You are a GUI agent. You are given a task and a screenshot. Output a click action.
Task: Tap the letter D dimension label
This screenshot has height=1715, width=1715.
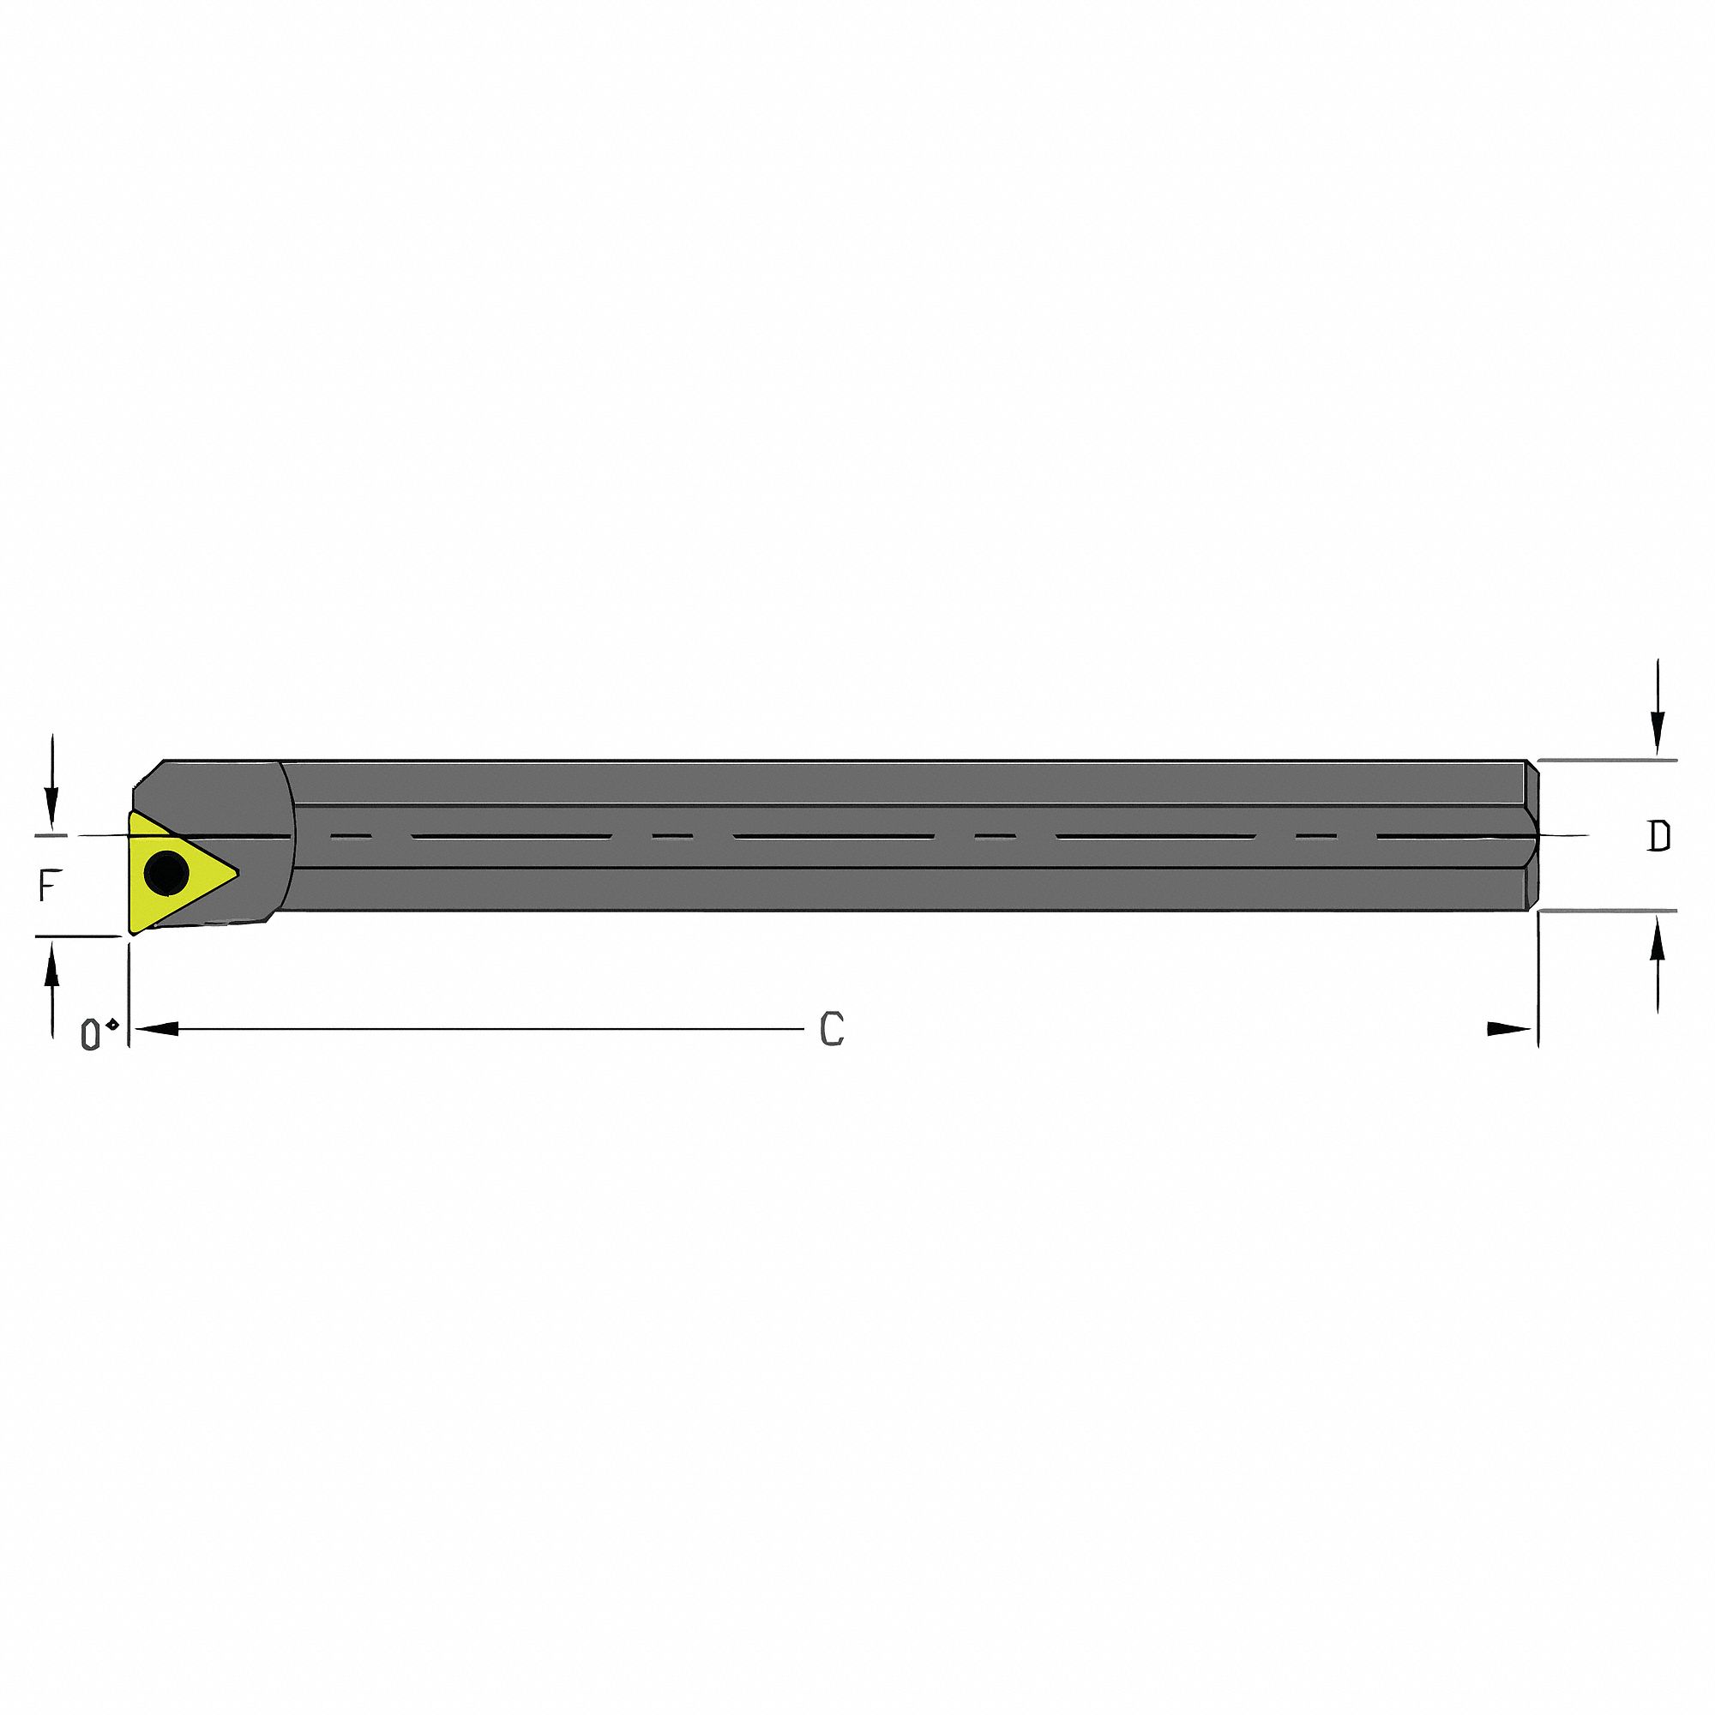tap(1658, 836)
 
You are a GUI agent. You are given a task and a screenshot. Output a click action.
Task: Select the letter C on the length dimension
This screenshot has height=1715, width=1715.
tap(831, 1030)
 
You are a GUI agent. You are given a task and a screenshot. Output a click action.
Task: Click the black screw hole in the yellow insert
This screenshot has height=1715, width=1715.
tap(166, 874)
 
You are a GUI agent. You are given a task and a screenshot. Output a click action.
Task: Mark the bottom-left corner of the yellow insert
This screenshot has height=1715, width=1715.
tap(132, 933)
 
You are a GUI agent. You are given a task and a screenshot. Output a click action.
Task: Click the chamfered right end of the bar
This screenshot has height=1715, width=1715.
tap(1531, 835)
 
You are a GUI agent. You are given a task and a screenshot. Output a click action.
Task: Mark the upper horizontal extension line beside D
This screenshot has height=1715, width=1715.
tap(1607, 761)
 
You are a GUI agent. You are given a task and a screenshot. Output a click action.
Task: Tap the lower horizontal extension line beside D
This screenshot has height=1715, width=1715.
tap(1607, 911)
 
